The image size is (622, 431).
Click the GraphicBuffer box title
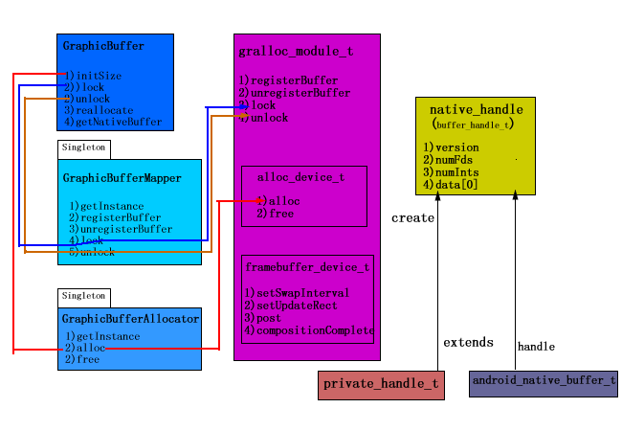click(103, 46)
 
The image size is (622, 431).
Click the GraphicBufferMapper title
click(122, 178)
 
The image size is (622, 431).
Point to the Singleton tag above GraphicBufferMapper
click(83, 148)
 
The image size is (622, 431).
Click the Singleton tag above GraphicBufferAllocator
click(83, 297)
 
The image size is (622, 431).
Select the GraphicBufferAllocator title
click(130, 318)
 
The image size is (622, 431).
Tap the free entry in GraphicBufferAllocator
click(84, 360)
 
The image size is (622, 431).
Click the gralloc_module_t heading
click(288, 50)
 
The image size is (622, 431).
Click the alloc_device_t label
click(300, 177)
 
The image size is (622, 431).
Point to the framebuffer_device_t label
click(307, 267)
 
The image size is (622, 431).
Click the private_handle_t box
click(381, 385)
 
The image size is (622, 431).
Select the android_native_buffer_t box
click(544, 381)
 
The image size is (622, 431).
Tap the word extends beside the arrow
click(469, 342)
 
